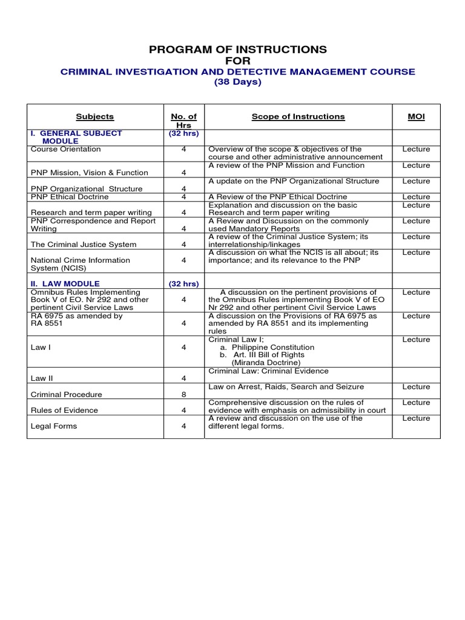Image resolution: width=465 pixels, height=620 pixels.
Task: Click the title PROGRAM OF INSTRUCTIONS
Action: (x=237, y=49)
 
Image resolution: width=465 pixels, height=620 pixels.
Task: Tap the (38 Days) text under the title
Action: (x=237, y=82)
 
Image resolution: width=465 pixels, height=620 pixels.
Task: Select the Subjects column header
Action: (x=94, y=117)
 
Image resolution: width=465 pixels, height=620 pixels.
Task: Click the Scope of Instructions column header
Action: (x=298, y=117)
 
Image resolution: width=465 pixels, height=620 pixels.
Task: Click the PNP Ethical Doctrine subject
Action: (x=70, y=197)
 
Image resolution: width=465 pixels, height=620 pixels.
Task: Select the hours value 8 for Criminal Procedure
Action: (x=183, y=394)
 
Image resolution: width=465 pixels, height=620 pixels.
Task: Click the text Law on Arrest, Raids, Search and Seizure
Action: (x=294, y=386)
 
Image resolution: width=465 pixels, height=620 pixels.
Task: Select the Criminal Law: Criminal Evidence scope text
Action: (x=268, y=371)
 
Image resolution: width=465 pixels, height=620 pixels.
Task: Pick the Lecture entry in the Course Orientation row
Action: (x=416, y=149)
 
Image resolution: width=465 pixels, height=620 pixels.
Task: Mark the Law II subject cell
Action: (x=41, y=378)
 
